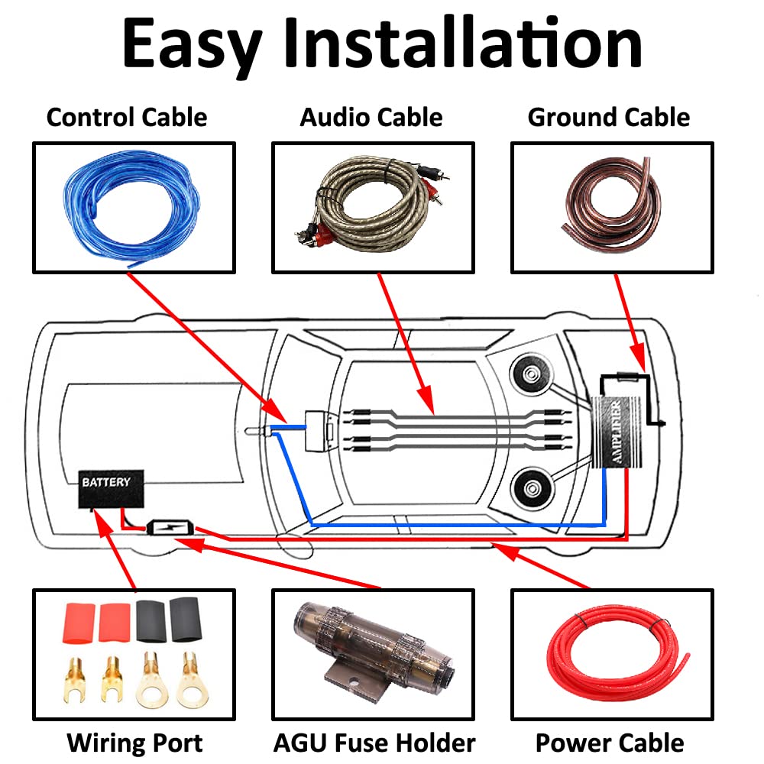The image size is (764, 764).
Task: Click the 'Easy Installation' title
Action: point(382,44)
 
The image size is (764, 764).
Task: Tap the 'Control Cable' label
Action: point(127,118)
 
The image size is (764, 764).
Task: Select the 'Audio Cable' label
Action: point(371,118)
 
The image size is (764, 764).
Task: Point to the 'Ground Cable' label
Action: point(609,118)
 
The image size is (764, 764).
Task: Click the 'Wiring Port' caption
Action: point(134,743)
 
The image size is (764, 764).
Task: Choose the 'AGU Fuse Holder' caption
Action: point(374,743)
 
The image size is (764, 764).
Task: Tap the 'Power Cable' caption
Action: point(610,743)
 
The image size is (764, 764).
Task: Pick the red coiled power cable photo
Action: point(617,653)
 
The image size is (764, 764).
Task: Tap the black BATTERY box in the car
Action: point(111,489)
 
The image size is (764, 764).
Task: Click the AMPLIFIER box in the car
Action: point(616,432)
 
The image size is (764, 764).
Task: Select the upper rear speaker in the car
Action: point(532,375)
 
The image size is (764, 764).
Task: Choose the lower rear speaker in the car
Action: point(532,489)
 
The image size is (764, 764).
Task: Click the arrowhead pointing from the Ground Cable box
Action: point(639,358)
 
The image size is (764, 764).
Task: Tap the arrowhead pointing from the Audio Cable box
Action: point(425,399)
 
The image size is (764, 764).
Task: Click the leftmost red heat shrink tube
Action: point(79,623)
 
